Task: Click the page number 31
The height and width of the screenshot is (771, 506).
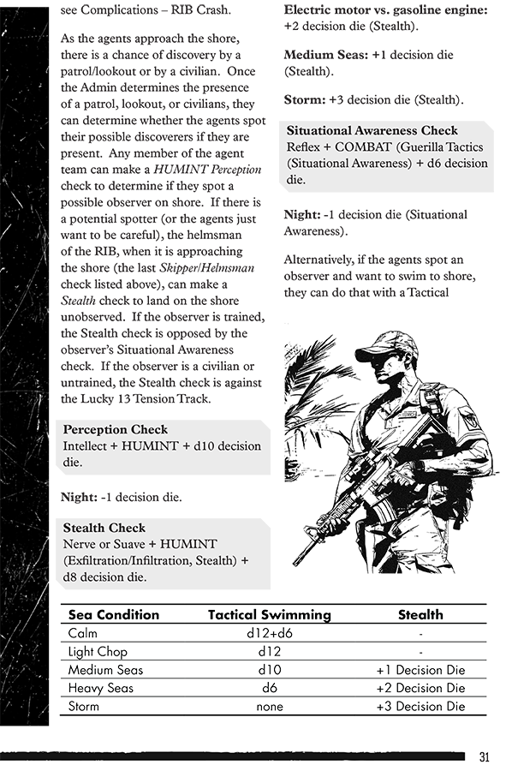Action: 484,756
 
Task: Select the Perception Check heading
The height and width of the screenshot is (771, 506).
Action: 116,429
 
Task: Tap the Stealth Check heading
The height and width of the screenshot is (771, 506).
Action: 104,528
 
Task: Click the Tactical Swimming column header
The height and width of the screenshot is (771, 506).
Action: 270,614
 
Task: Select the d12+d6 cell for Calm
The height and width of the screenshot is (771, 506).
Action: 270,633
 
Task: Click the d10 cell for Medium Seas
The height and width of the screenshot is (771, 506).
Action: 270,670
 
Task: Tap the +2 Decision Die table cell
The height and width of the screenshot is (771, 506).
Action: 420,688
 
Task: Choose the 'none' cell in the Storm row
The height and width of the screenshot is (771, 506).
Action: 270,707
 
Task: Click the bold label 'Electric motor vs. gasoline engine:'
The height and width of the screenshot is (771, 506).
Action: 385,9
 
